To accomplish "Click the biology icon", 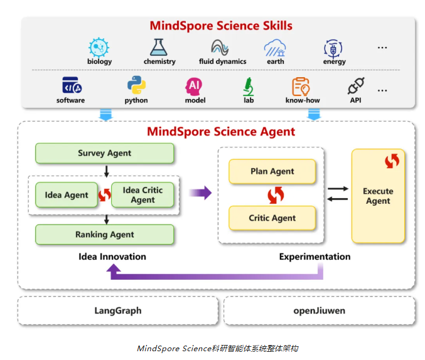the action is coord(99,48).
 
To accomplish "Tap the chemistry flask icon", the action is coord(159,47).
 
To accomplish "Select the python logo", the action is coord(137,85).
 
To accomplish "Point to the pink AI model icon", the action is coord(194,87).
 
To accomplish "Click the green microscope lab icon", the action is coord(248,87).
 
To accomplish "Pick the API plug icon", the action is coord(356,85).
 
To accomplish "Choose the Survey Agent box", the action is coord(105,153).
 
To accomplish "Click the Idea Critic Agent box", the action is coord(143,195).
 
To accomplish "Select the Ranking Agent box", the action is coord(105,235).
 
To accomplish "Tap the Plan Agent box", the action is coord(272,171).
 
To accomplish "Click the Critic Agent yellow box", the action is coord(272,218).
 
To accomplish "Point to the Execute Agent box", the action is coord(378,196).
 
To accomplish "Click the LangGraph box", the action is coord(118,310).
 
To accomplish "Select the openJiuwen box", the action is coord(320,310).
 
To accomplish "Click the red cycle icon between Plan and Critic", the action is coord(276,195).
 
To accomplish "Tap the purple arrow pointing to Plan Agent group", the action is coord(200,193).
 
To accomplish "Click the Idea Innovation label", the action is coord(112,257).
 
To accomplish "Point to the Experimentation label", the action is coord(315,257).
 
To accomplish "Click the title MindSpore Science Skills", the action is coord(221,26).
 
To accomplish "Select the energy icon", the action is coord(333,48).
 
